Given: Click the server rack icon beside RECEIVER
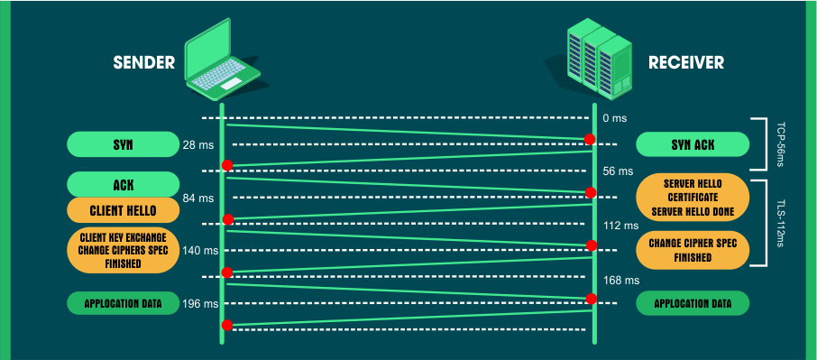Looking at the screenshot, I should coord(597,60).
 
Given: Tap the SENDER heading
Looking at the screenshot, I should coord(143,63).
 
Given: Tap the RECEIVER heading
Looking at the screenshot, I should coord(686,63).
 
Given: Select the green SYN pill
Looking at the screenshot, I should coord(124,144).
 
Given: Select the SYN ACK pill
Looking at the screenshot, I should coord(693,144).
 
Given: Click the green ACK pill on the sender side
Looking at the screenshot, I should coord(124,185).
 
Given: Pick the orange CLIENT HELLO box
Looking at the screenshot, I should coord(124,210).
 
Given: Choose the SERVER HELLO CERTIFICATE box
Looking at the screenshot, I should coord(693,198).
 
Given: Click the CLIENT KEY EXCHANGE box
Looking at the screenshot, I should coord(124,249).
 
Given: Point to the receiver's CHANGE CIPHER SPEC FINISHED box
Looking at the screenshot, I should coord(693,250).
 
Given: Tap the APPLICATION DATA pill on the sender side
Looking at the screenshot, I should coord(124,303).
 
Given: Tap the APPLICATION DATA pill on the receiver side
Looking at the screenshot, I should coord(693,303).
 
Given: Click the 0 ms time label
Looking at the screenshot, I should coord(614,118).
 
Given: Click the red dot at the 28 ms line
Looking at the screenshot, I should coord(590,139).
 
